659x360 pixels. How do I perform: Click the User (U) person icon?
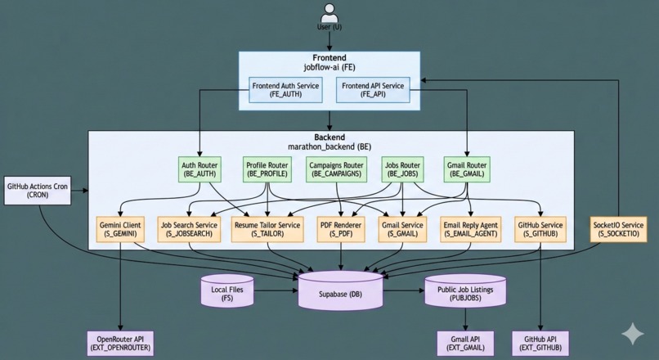[329, 13]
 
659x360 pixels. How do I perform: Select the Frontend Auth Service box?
[286, 90]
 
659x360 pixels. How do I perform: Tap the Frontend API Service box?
[372, 90]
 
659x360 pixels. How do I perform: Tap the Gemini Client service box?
[120, 229]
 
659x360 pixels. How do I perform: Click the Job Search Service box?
[190, 229]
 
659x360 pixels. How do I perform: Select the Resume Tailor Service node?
[267, 229]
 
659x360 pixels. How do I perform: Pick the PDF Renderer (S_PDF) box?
[340, 229]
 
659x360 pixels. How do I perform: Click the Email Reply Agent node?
[469, 229]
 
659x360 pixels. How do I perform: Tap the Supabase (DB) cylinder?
[340, 291]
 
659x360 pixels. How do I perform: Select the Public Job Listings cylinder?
[465, 293]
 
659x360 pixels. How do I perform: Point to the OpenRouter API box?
[120, 343]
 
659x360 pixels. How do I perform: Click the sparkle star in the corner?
[632, 334]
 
